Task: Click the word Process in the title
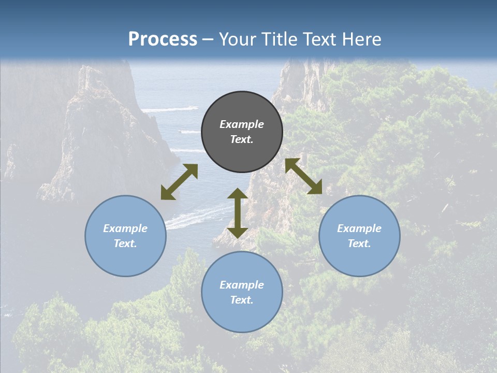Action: pyautogui.click(x=163, y=39)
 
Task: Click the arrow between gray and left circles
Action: pyautogui.click(x=179, y=182)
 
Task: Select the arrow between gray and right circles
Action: pyautogui.click(x=303, y=176)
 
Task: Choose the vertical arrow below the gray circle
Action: pyautogui.click(x=238, y=213)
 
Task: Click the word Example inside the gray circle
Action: pyautogui.click(x=242, y=124)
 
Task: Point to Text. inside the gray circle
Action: pyautogui.click(x=242, y=139)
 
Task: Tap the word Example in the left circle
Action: pyautogui.click(x=125, y=228)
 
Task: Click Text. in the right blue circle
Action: pyautogui.click(x=359, y=243)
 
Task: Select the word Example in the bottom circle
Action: pyautogui.click(x=242, y=285)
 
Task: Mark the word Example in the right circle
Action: pyautogui.click(x=359, y=228)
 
